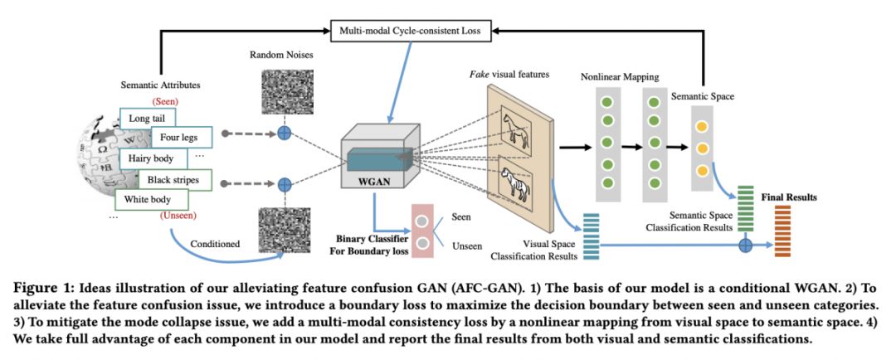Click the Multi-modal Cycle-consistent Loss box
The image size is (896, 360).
point(411,31)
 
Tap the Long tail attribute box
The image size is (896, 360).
point(148,119)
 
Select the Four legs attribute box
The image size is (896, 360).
point(182,137)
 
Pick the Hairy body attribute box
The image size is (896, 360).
point(149,158)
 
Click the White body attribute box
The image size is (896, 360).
point(151,200)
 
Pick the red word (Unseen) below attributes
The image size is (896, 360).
point(178,216)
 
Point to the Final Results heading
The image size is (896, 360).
point(789,197)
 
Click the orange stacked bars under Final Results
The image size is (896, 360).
point(782,231)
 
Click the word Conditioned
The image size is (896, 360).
point(216,244)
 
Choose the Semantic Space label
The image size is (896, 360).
point(703,96)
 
